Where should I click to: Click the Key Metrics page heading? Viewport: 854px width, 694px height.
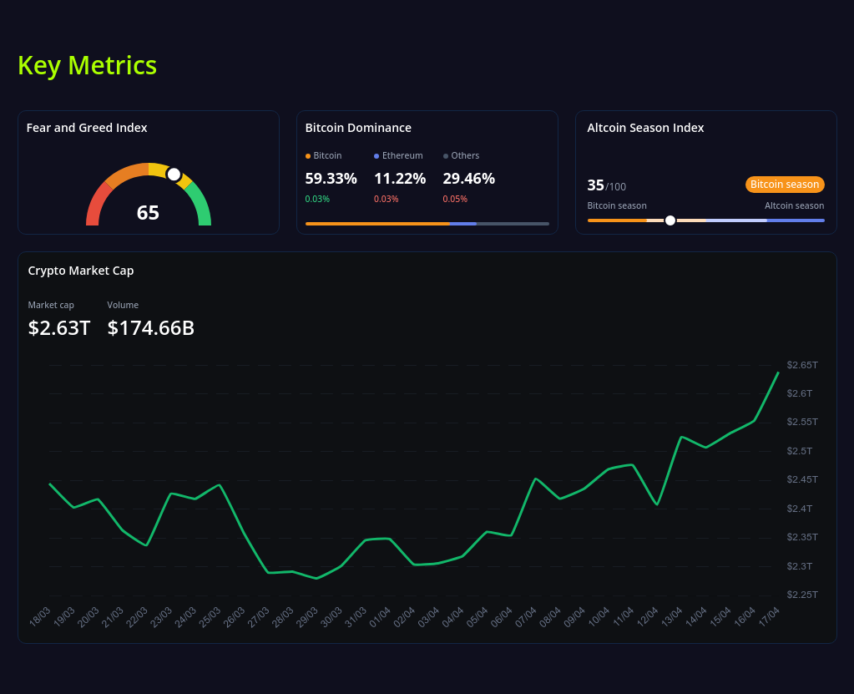87,65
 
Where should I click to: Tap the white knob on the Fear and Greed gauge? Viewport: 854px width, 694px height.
174,174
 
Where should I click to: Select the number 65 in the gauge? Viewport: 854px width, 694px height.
148,213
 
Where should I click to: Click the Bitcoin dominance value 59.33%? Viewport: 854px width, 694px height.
331,178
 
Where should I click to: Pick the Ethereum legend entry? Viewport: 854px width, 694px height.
398,155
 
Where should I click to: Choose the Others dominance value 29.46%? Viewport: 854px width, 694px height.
468,178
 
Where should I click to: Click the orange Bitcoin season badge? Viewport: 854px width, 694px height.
784,185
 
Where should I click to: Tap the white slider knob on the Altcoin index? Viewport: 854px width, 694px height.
670,220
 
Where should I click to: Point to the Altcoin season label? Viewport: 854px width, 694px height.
794,205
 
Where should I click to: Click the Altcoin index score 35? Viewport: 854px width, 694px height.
595,185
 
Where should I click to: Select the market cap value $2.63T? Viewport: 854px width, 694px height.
58,328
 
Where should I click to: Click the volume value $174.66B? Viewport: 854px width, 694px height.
150,328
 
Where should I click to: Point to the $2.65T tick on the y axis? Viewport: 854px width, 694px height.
802,365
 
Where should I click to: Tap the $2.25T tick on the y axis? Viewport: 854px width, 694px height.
802,595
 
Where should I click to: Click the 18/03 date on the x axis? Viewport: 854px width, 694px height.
40,616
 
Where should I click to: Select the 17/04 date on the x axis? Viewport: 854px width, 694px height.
769,616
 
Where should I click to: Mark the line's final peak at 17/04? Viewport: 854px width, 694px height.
778,372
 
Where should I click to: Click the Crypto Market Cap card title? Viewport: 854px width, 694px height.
80,271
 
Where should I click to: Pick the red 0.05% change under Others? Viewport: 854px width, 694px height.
454,199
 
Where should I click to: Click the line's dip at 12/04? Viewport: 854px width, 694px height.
658,504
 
